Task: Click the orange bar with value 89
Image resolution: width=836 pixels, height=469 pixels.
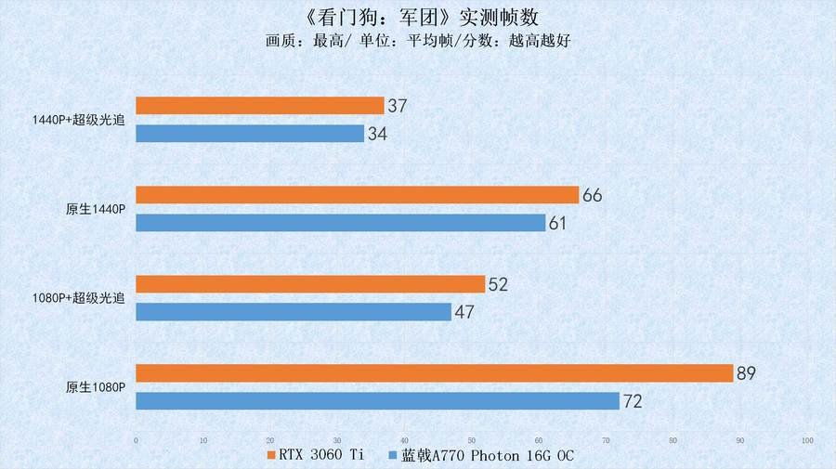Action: tap(435, 373)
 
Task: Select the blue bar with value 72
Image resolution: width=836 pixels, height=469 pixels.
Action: tap(377, 401)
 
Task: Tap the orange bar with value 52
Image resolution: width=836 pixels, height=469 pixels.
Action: tap(310, 284)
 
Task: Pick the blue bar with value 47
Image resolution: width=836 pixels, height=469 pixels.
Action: tap(294, 312)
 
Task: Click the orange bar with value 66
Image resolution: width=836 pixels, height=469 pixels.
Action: tap(358, 195)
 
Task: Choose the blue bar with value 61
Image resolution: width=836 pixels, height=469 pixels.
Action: tap(341, 223)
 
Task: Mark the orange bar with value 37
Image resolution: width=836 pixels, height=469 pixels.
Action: tap(260, 106)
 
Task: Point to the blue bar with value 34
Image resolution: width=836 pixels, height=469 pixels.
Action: tap(250, 134)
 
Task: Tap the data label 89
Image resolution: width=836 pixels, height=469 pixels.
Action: tap(746, 373)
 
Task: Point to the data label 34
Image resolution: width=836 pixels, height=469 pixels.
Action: tap(377, 135)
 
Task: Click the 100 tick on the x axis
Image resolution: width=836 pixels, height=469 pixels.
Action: tap(807, 440)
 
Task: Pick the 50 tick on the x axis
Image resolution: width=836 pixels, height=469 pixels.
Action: tap(471, 440)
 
